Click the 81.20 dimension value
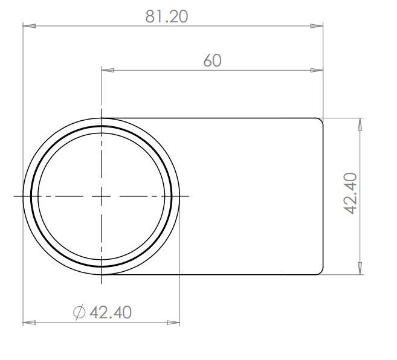[x=166, y=16]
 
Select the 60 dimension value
[x=212, y=60]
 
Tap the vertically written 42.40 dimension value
[x=351, y=193]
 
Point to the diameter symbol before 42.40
[x=79, y=312]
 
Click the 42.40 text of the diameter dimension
[x=110, y=312]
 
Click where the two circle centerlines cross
[x=102, y=196]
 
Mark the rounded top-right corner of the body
[x=321, y=121]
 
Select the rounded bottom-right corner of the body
[x=321, y=272]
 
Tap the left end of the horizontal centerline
[x=14, y=196]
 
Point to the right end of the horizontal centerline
[x=189, y=196]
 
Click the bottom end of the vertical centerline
[x=102, y=283]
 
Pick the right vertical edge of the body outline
[x=323, y=196]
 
